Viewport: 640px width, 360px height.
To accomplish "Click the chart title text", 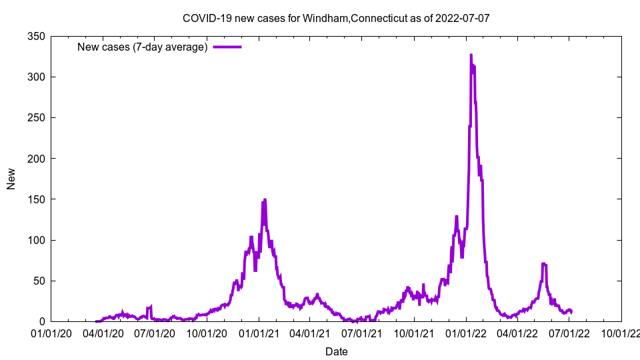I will [336, 18].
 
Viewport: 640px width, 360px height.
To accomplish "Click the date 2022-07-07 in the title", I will [463, 18].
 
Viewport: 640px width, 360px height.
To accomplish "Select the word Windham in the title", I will [325, 18].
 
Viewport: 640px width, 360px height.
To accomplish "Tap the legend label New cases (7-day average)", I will [142, 47].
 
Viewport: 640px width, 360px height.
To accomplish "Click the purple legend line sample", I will [227, 47].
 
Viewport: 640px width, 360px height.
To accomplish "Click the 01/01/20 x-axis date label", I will [51, 332].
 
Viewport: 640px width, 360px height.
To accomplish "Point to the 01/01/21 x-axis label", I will [259, 332].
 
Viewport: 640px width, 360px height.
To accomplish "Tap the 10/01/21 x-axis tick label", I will [414, 332].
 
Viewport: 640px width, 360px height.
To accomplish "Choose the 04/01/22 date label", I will [517, 332].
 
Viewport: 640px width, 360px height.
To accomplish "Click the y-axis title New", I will [11, 179].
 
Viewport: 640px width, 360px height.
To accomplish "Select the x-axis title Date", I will [336, 351].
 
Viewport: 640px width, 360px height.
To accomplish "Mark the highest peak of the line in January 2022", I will [471, 55].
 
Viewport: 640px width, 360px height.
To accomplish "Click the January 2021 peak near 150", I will [265, 199].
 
